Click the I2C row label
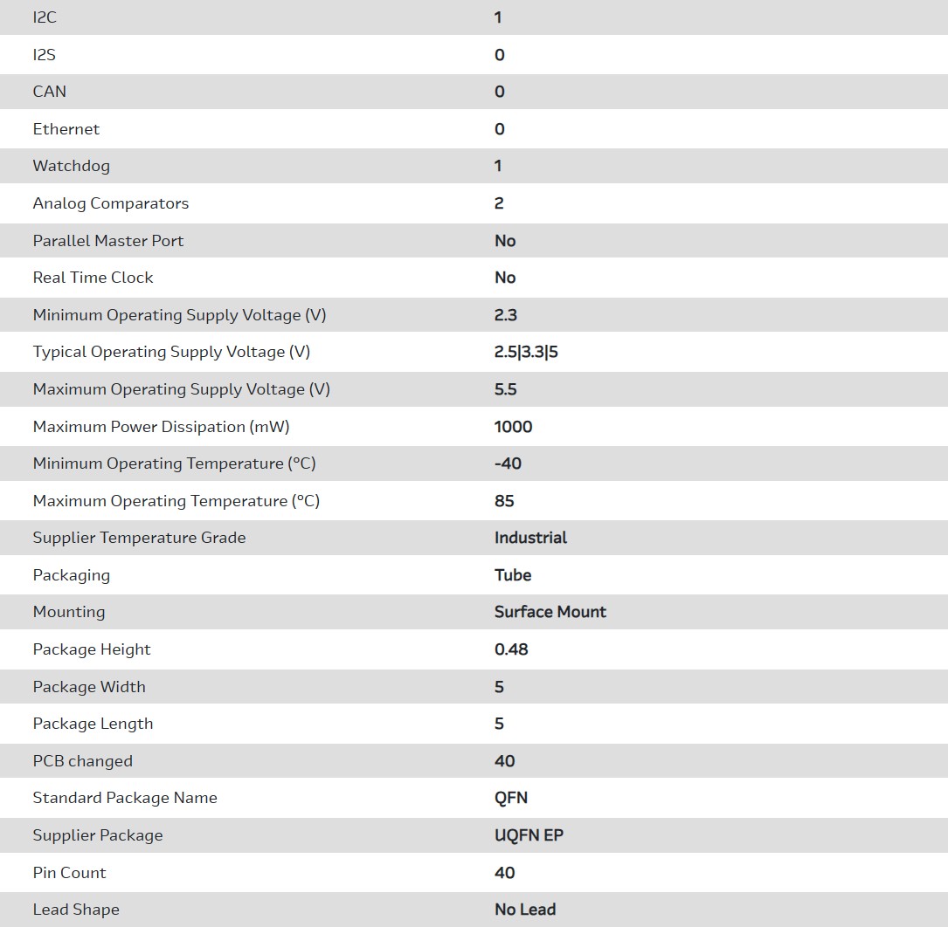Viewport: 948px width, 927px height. click(45, 17)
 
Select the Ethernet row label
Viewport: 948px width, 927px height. click(66, 129)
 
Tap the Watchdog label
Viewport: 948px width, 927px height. click(72, 166)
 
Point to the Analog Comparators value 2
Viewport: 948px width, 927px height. click(499, 203)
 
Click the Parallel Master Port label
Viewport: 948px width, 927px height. click(108, 241)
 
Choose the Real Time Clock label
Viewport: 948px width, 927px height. click(93, 278)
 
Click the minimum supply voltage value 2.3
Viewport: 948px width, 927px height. click(506, 315)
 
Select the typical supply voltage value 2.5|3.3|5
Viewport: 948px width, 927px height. click(526, 352)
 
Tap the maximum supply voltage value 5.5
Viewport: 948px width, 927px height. click(506, 389)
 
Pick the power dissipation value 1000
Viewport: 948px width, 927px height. click(514, 427)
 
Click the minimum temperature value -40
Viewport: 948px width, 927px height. click(508, 463)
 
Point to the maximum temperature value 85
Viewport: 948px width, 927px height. click(504, 501)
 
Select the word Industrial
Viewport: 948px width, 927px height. click(531, 538)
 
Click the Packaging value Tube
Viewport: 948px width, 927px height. click(513, 575)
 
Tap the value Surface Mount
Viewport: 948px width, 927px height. click(550, 612)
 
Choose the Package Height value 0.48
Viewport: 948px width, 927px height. click(511, 649)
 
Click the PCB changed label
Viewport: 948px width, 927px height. click(83, 761)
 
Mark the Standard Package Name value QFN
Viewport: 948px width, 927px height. click(511, 798)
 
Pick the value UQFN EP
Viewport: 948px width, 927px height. click(529, 835)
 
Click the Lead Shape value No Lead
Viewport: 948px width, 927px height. click(525, 910)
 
